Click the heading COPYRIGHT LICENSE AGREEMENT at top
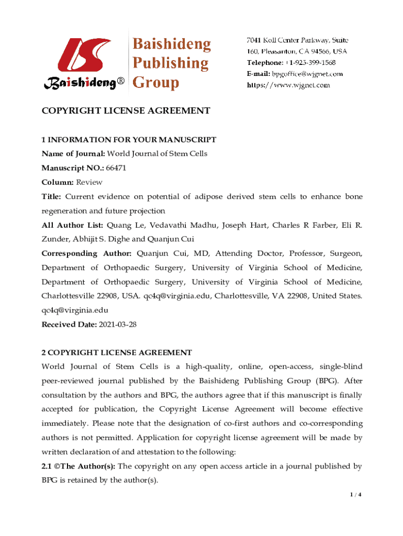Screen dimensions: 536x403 point(126,110)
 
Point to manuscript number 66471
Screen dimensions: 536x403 point(116,168)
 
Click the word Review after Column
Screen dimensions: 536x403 point(89,182)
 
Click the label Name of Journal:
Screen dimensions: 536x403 point(73,153)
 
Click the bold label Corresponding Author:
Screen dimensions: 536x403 point(86,253)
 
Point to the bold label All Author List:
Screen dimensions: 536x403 point(72,225)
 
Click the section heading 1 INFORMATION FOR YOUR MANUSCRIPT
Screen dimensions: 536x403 point(129,140)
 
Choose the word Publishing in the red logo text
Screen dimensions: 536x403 point(170,63)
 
